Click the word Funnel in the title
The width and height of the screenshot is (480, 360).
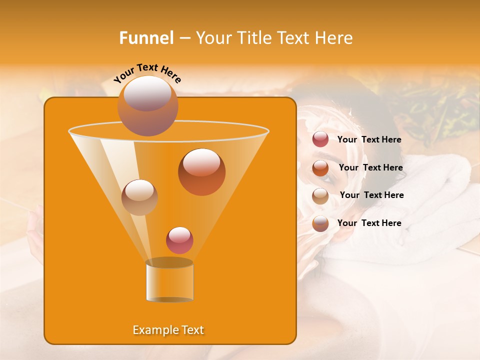tap(146, 38)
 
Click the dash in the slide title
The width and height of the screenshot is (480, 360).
tap(184, 38)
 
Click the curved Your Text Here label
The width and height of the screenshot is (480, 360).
tap(147, 73)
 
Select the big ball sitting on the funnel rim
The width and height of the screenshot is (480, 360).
tap(147, 105)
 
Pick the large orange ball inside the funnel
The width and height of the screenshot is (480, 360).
tap(201, 172)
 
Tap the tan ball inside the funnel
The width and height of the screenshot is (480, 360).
tap(139, 197)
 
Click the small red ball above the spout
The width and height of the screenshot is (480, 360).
tap(179, 240)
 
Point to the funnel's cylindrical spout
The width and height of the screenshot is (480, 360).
tap(169, 280)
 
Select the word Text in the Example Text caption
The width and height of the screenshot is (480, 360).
tap(191, 330)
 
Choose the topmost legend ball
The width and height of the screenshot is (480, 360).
tap(320, 139)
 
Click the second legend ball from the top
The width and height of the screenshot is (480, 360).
tap(320, 168)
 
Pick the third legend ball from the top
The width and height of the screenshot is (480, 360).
tap(320, 195)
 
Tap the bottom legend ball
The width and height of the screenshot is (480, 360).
tap(320, 223)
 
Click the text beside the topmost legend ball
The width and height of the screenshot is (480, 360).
tap(369, 139)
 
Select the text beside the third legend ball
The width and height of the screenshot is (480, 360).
tap(371, 195)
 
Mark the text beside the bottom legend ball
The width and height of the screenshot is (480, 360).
tap(369, 223)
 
